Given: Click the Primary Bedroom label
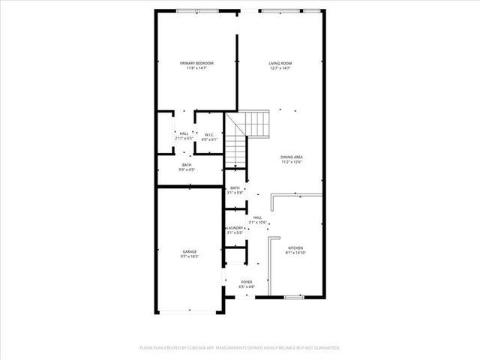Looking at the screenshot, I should coord(196,63).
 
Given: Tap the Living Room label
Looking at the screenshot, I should coord(280,63).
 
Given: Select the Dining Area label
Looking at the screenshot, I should coord(292,156).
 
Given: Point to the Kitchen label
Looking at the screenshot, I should coord(296,247).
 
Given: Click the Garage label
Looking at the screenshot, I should coord(189,251).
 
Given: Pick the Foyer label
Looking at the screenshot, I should coord(247,282).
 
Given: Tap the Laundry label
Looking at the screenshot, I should coord(235,228).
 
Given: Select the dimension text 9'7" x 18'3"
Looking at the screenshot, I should coord(189,256).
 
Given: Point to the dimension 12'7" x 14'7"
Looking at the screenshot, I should coord(280,68).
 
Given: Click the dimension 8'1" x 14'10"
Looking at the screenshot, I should coord(296,253).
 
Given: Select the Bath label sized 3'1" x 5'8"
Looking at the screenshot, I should coord(235,187).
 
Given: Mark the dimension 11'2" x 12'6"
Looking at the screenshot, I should coord(292,161).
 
